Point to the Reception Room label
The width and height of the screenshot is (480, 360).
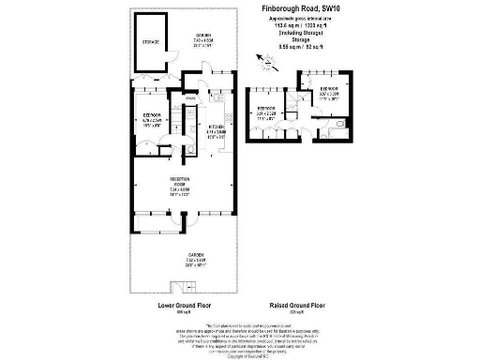(x=179, y=185)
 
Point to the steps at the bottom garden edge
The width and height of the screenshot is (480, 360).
(x=179, y=287)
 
